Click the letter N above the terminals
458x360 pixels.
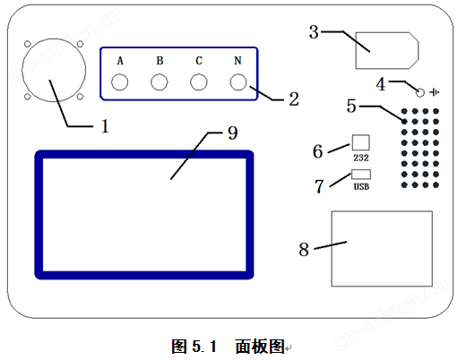(x=238, y=61)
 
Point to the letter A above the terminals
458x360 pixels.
(x=120, y=61)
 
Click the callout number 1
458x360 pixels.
(x=105, y=126)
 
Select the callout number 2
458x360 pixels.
(x=294, y=99)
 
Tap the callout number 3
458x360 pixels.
(x=314, y=32)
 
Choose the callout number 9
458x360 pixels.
(x=233, y=133)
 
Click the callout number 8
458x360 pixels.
(x=304, y=250)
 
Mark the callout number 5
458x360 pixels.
(x=351, y=106)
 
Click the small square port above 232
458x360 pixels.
(x=360, y=142)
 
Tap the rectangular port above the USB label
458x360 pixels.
(x=361, y=175)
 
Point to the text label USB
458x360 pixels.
(x=361, y=187)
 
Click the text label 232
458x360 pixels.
(x=361, y=158)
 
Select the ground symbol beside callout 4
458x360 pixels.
(x=435, y=92)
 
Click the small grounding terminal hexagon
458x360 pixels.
(x=420, y=92)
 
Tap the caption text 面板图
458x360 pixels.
(x=260, y=347)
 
